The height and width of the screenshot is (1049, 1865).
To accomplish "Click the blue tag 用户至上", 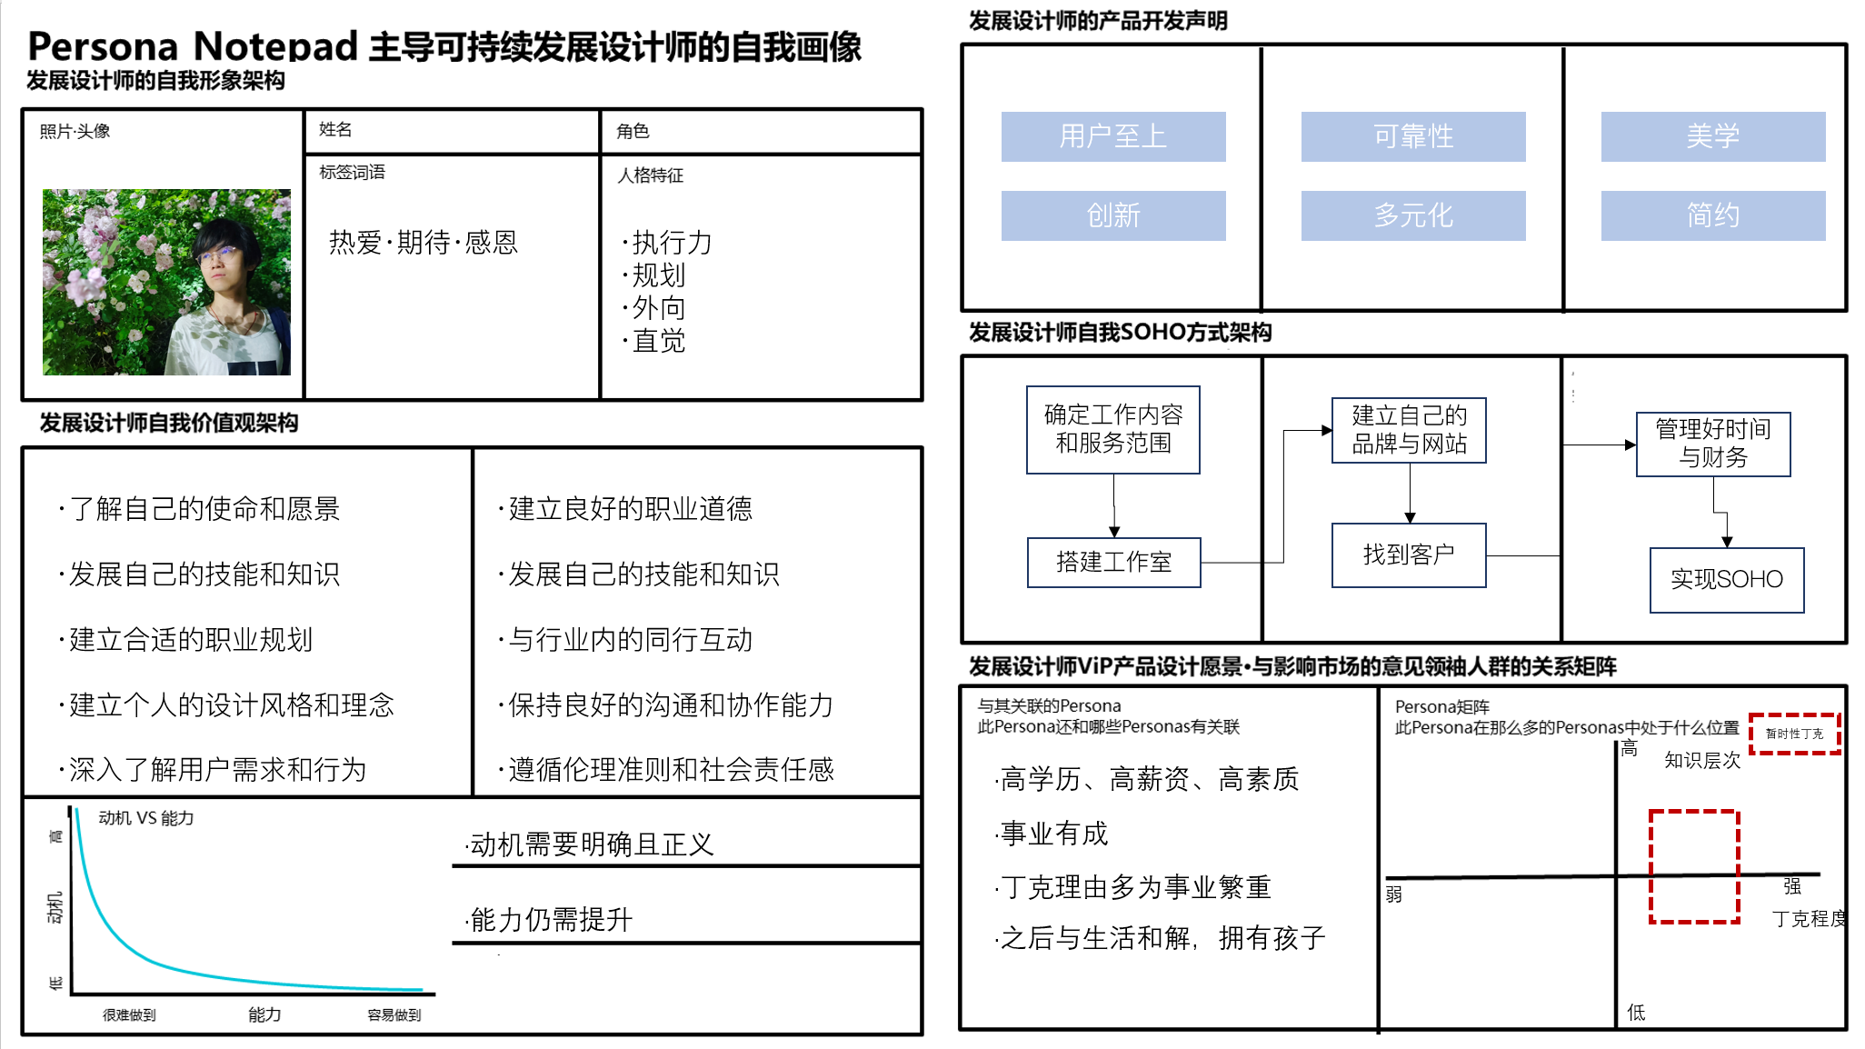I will coord(1112,136).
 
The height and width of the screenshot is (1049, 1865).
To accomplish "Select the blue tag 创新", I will coord(1112,215).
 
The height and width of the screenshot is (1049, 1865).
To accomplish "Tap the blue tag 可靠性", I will coord(1412,136).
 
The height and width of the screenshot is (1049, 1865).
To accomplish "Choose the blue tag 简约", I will coord(1712,215).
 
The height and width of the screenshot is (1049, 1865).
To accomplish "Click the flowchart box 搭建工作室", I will coord(1113,562).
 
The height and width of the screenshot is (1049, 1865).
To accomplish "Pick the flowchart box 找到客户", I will coord(1409,554).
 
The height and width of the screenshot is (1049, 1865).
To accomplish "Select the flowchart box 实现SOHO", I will coord(1726,579).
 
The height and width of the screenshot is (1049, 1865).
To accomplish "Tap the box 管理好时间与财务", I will coord(1712,444).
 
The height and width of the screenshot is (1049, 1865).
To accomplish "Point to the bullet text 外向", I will coord(658,308).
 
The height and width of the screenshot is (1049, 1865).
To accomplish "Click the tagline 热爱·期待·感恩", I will coord(423,243).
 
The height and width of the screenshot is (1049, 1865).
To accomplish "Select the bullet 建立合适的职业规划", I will coord(190,640).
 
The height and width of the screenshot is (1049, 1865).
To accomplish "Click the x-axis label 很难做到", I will coord(129,1014).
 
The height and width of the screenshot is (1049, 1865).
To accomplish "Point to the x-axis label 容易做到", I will coord(394,1014).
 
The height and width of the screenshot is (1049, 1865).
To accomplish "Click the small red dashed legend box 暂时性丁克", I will coord(1794,734).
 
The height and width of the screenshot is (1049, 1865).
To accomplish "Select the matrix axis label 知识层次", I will coord(1701,761).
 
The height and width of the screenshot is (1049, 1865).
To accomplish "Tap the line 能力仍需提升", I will coord(550,920).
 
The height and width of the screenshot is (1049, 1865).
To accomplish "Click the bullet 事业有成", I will coord(1053,834).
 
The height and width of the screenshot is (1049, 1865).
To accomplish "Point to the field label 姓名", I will coord(335,130).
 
